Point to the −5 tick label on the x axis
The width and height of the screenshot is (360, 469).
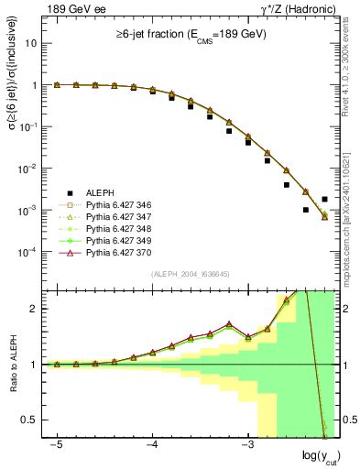(57, 444)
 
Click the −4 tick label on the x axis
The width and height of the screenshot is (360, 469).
(152, 444)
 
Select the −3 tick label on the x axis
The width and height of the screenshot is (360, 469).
(246, 444)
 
